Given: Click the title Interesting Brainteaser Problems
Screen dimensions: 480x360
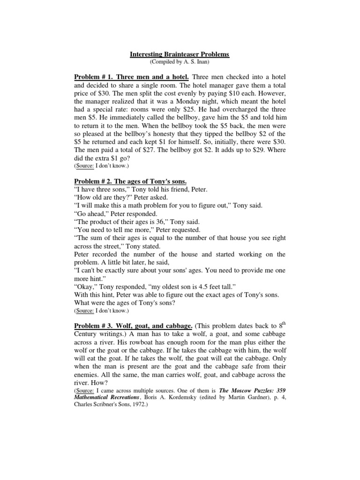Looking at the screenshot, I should tap(180, 54).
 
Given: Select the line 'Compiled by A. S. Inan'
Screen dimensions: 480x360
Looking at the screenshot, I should tap(180, 61).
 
